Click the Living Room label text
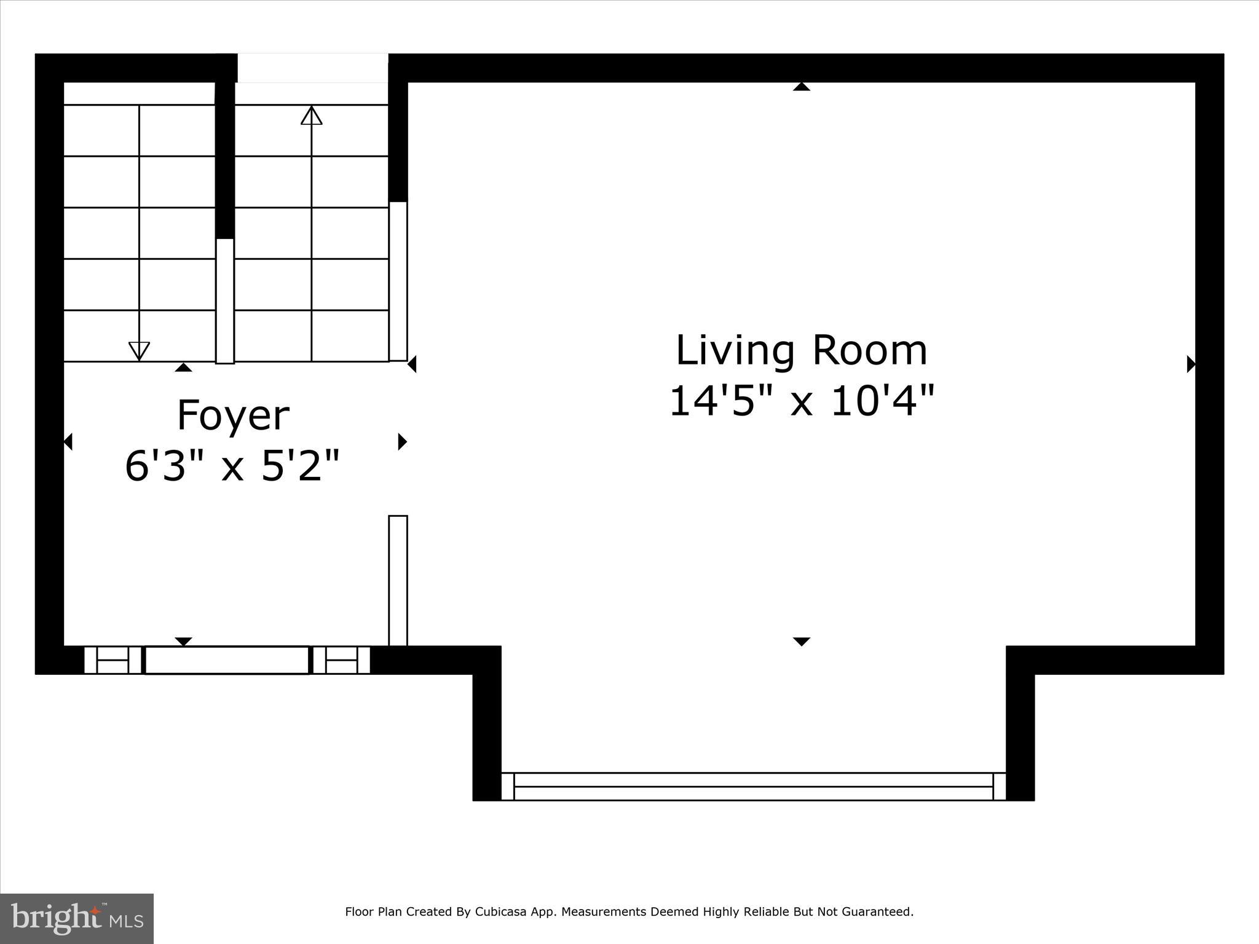pos(801,350)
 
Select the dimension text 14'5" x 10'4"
pos(801,401)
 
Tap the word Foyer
pos(233,416)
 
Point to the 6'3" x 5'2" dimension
pos(232,465)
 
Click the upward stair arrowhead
pos(312,115)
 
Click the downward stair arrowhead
pos(140,351)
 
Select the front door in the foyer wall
pos(227,660)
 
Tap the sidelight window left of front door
pos(112,660)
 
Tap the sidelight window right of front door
pos(341,660)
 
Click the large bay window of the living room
pos(754,787)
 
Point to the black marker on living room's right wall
pos(1191,364)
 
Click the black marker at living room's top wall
pos(801,87)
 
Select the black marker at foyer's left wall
pos(68,441)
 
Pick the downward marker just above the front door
pos(184,642)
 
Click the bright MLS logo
pos(77,919)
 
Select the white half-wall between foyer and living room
pos(398,580)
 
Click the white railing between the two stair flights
pos(225,301)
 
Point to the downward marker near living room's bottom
pos(801,642)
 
